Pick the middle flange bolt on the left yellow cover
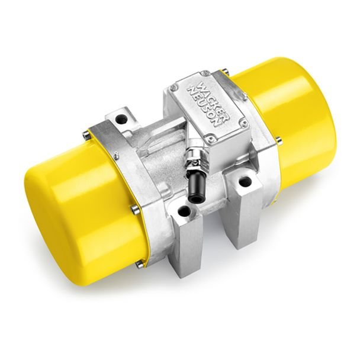coord(137,208)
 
